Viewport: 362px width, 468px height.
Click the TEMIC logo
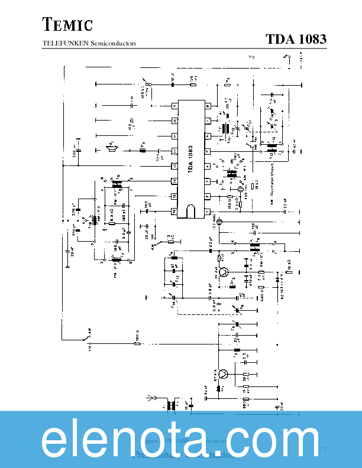67,24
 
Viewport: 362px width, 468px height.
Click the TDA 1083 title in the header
296,40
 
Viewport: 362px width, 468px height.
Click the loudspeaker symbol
111,147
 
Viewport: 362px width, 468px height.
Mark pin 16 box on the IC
175,211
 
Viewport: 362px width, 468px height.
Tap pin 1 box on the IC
208,211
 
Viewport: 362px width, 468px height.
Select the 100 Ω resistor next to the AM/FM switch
137,343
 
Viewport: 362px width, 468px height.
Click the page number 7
325,451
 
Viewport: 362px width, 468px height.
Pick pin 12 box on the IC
175,151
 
